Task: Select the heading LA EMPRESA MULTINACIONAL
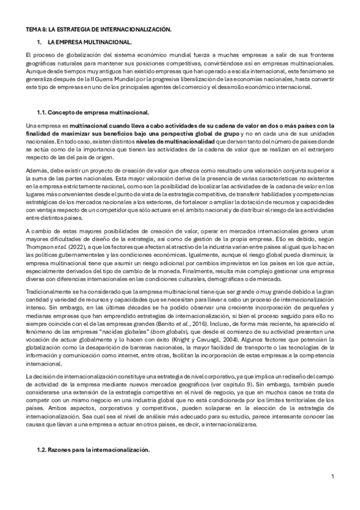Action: click(x=88, y=43)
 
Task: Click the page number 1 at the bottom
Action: click(x=332, y=477)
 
